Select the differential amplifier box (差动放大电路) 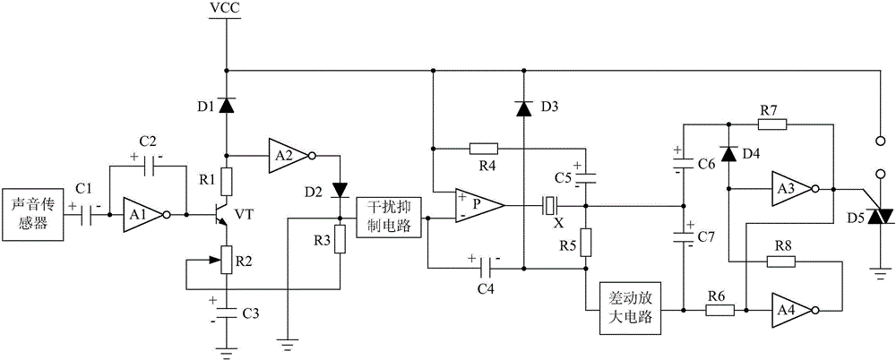pos(633,310)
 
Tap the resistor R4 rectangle pos(482,148)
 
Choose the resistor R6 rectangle pos(719,310)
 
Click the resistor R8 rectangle pos(780,261)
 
